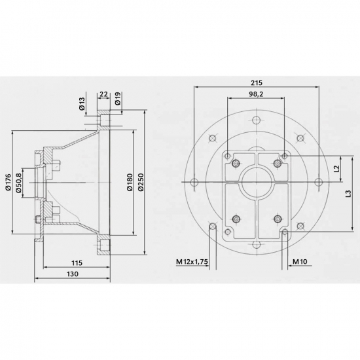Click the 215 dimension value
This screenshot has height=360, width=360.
[256, 82]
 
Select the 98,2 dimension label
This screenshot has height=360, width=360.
[256, 94]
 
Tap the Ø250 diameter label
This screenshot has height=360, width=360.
[141, 182]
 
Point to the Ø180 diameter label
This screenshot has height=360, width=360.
[130, 182]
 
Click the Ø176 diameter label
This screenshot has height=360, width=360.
[8, 182]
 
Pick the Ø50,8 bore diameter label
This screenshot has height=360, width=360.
[18, 183]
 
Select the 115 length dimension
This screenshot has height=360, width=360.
[77, 263]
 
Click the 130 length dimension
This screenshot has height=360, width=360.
[73, 274]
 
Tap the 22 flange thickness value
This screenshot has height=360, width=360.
[104, 94]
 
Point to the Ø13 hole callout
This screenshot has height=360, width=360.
[82, 103]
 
